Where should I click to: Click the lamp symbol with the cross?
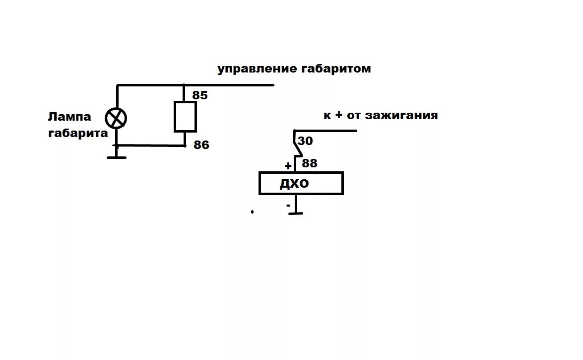point(116,119)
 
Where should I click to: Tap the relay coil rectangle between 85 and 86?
point(185,117)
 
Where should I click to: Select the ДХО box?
point(301,183)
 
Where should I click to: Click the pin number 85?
point(200,95)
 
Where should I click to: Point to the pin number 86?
point(201,145)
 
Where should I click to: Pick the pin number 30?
point(306,141)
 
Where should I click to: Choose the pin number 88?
point(309,163)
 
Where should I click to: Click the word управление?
point(257,69)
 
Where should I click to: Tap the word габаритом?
point(336,69)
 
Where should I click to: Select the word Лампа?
point(69,117)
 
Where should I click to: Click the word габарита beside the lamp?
point(78,133)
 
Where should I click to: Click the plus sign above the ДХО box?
point(288,165)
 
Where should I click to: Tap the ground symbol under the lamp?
point(117,157)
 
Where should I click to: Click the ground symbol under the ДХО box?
point(296,213)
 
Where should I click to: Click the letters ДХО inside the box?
point(294,184)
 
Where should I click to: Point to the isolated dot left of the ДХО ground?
point(253,212)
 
